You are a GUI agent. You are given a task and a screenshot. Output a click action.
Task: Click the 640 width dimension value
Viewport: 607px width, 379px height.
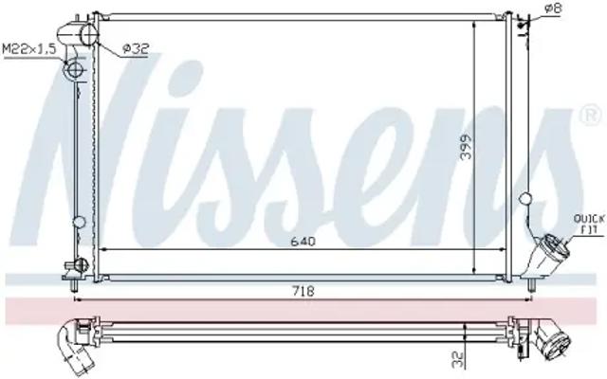pos(303,242)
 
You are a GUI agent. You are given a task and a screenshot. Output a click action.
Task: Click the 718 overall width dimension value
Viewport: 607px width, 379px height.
pos(303,291)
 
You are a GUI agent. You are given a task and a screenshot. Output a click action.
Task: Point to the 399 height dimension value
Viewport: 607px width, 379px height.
pos(467,147)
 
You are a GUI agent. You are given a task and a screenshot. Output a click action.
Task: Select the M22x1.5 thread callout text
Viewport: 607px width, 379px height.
pos(29,49)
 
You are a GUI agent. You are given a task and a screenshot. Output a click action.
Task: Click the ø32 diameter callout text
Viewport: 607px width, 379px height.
pos(135,48)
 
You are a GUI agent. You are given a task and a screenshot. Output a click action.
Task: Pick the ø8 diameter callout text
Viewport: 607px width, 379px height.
pos(553,9)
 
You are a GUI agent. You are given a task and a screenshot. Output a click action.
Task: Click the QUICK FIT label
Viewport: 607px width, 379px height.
pos(588,225)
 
